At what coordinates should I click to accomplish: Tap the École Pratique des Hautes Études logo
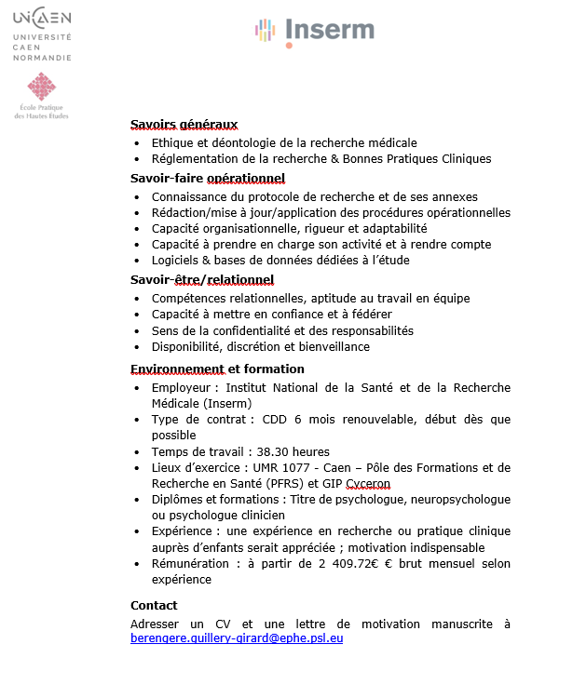(x=41, y=96)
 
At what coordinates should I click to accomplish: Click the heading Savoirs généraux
(x=184, y=125)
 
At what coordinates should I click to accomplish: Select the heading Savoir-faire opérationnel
(x=207, y=178)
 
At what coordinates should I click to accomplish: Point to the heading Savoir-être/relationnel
(x=201, y=279)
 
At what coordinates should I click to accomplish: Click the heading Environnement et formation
(x=217, y=369)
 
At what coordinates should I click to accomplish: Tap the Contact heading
(x=154, y=605)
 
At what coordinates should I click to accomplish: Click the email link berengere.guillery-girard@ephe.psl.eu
(x=237, y=639)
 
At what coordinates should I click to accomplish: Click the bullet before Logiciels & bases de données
(x=138, y=262)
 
